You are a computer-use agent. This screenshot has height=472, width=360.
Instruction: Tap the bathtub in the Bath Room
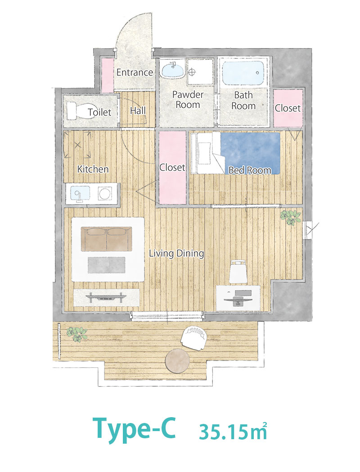pos(243,73)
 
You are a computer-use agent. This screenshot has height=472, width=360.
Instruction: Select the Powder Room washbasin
pos(173,70)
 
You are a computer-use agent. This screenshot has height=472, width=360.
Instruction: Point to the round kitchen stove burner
pos(105,193)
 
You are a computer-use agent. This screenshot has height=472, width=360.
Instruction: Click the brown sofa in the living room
pos(106,239)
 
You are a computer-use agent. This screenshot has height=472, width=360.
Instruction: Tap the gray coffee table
pos(106,265)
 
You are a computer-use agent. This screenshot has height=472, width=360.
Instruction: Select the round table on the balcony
pos(177,361)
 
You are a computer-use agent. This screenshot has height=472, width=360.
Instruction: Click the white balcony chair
pos(193,338)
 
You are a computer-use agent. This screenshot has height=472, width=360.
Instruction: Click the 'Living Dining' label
pos(176,254)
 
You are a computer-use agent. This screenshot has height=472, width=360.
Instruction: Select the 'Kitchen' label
pos(93,169)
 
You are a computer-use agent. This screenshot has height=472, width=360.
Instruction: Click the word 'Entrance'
pos(135,72)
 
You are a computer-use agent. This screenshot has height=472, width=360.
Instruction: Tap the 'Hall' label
pos(138,111)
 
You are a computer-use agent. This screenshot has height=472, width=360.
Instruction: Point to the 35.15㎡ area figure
pos(233,432)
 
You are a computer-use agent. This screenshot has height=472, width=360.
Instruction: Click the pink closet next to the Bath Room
pos(288,108)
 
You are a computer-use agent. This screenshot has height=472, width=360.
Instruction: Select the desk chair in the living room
pos(238,272)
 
